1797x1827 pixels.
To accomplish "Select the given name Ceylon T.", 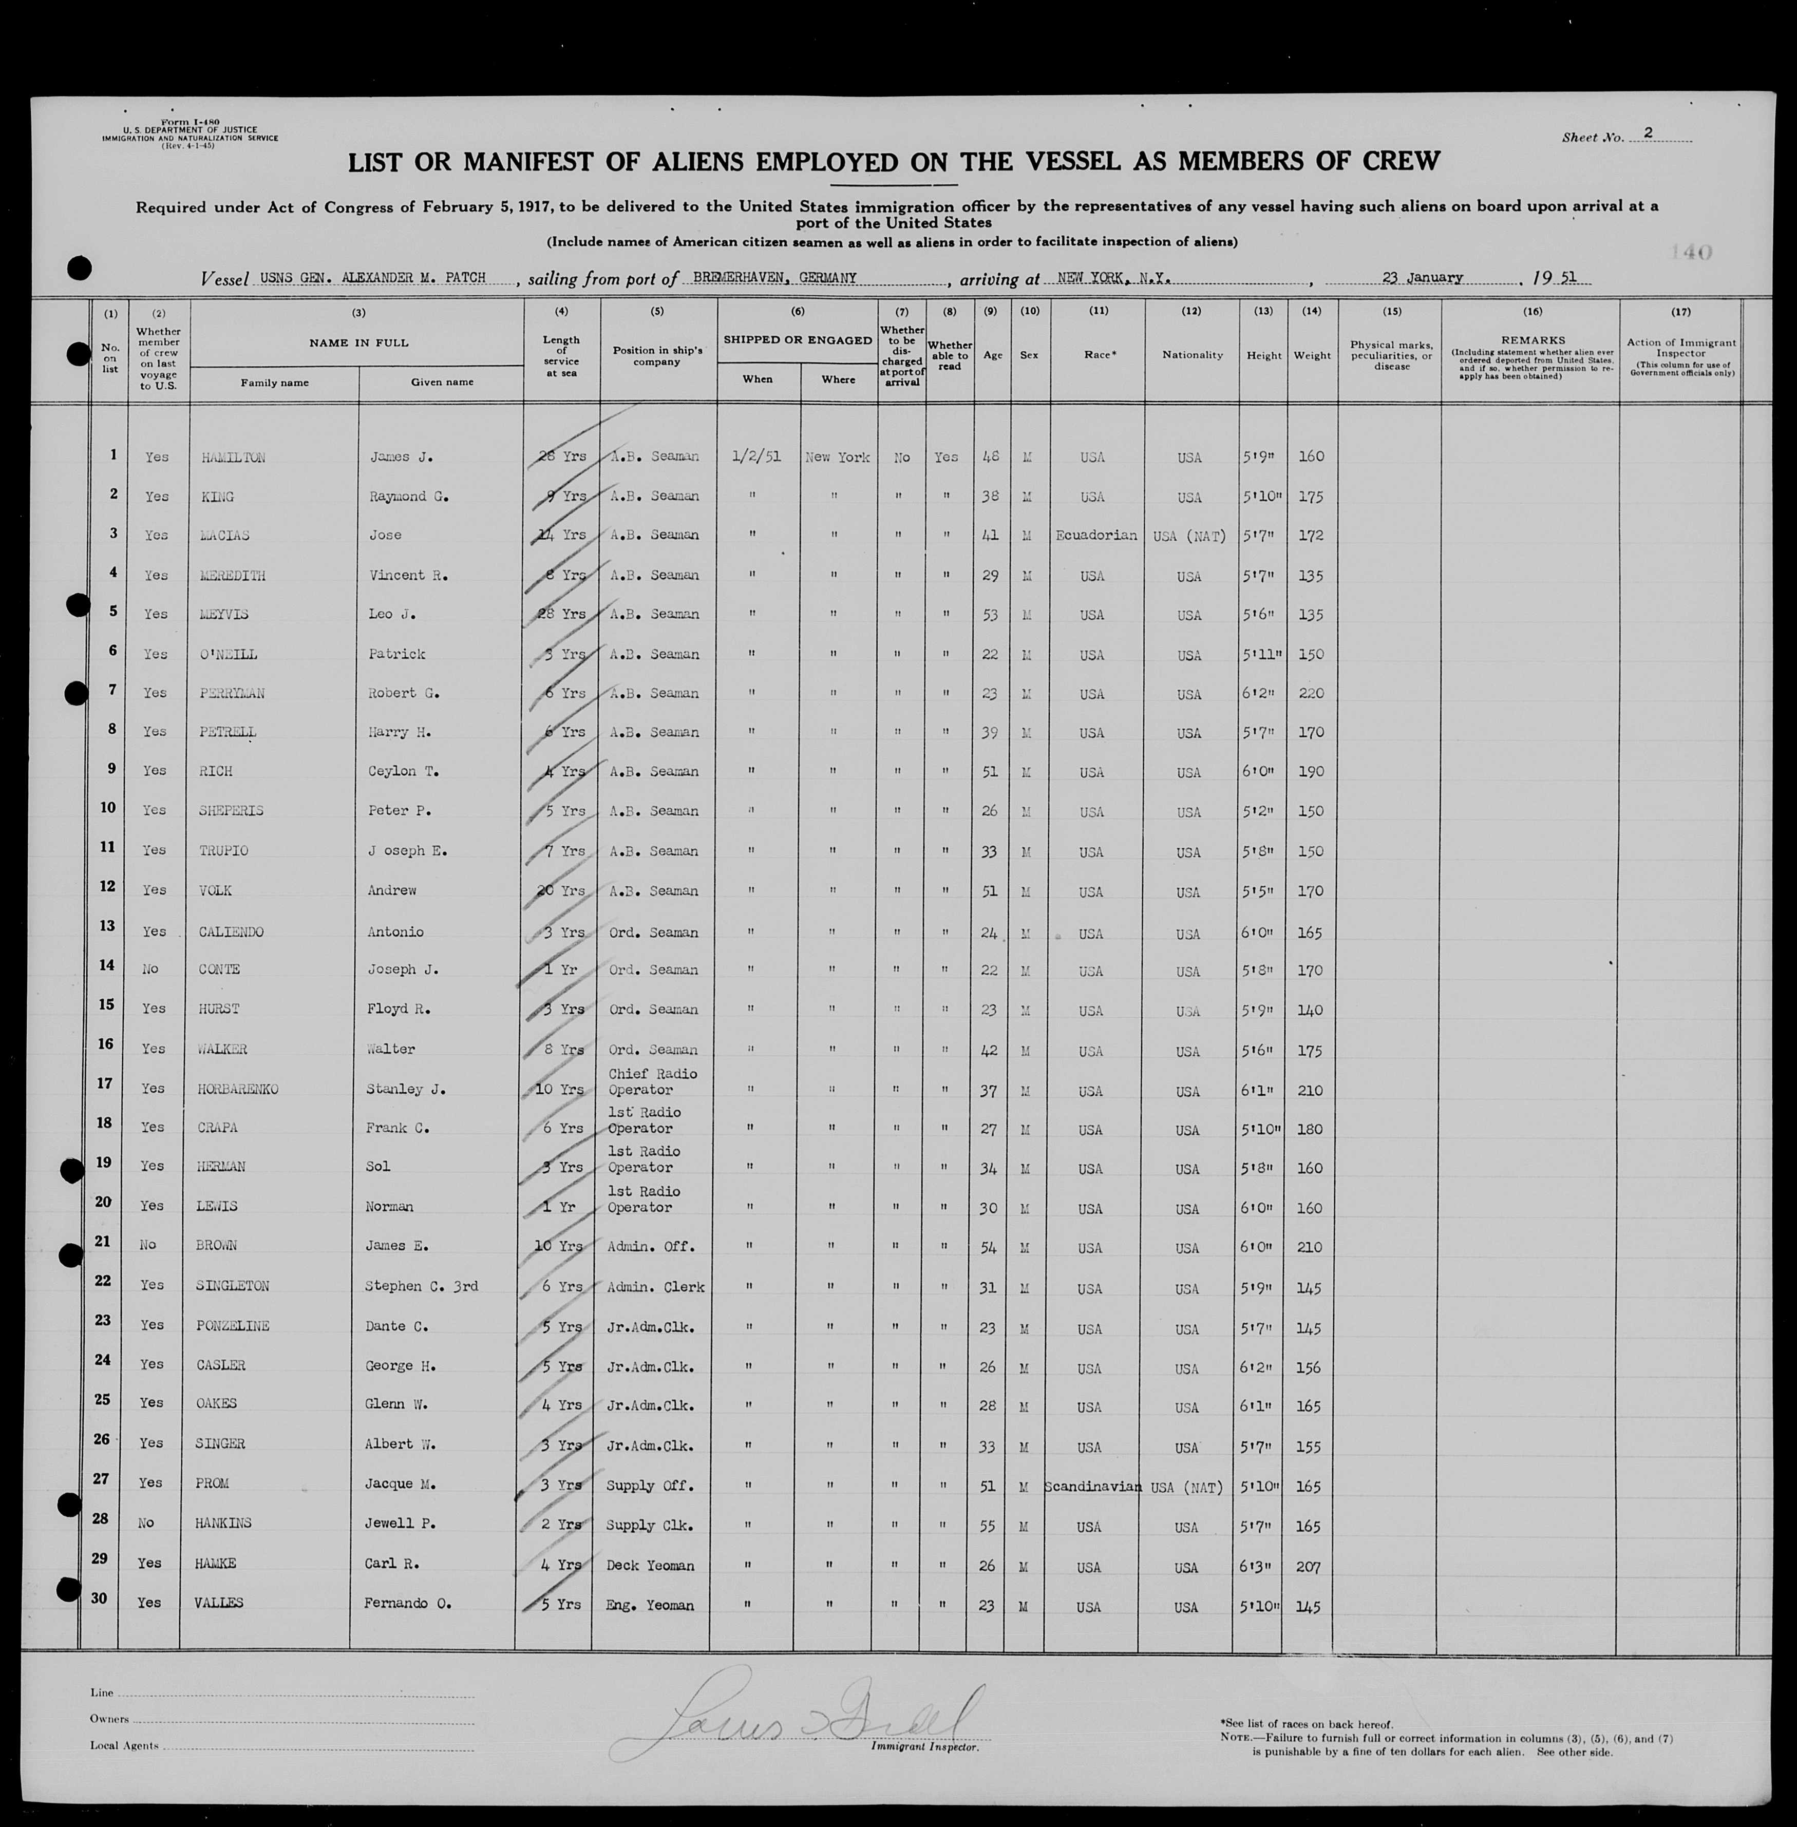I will pyautogui.click(x=404, y=771).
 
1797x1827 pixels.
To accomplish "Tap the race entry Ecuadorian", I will pyautogui.click(x=1096, y=535).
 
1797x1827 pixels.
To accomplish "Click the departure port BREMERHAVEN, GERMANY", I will pyautogui.click(x=774, y=277).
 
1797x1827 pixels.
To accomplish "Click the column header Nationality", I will pyautogui.click(x=1192, y=355).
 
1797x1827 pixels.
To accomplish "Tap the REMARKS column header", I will pyautogui.click(x=1532, y=340).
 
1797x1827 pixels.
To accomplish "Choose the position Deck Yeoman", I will pyautogui.click(x=650, y=1566).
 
